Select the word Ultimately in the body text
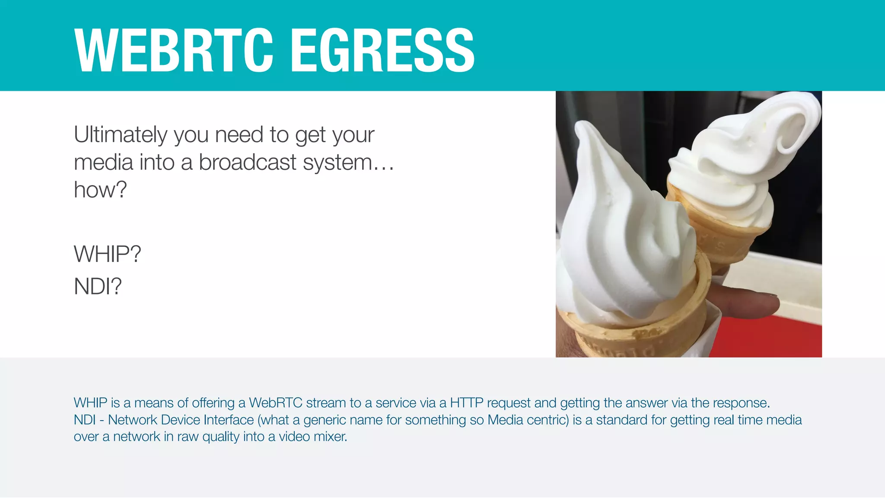click(121, 135)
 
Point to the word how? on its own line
click(100, 189)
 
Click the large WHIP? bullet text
click(107, 254)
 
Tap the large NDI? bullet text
click(98, 286)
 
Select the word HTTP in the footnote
click(466, 403)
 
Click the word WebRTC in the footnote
click(275, 403)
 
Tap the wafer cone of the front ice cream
click(640, 337)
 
